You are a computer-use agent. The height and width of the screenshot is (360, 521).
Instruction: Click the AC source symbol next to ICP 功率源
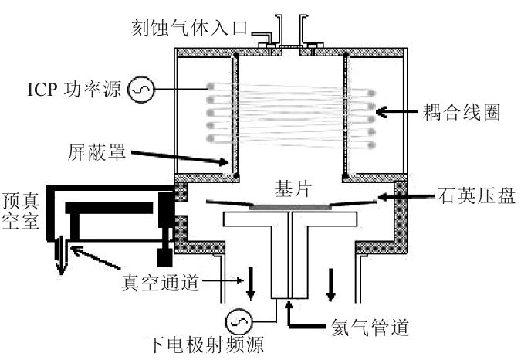click(x=141, y=91)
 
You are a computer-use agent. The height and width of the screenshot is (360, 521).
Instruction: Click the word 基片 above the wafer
click(x=292, y=188)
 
